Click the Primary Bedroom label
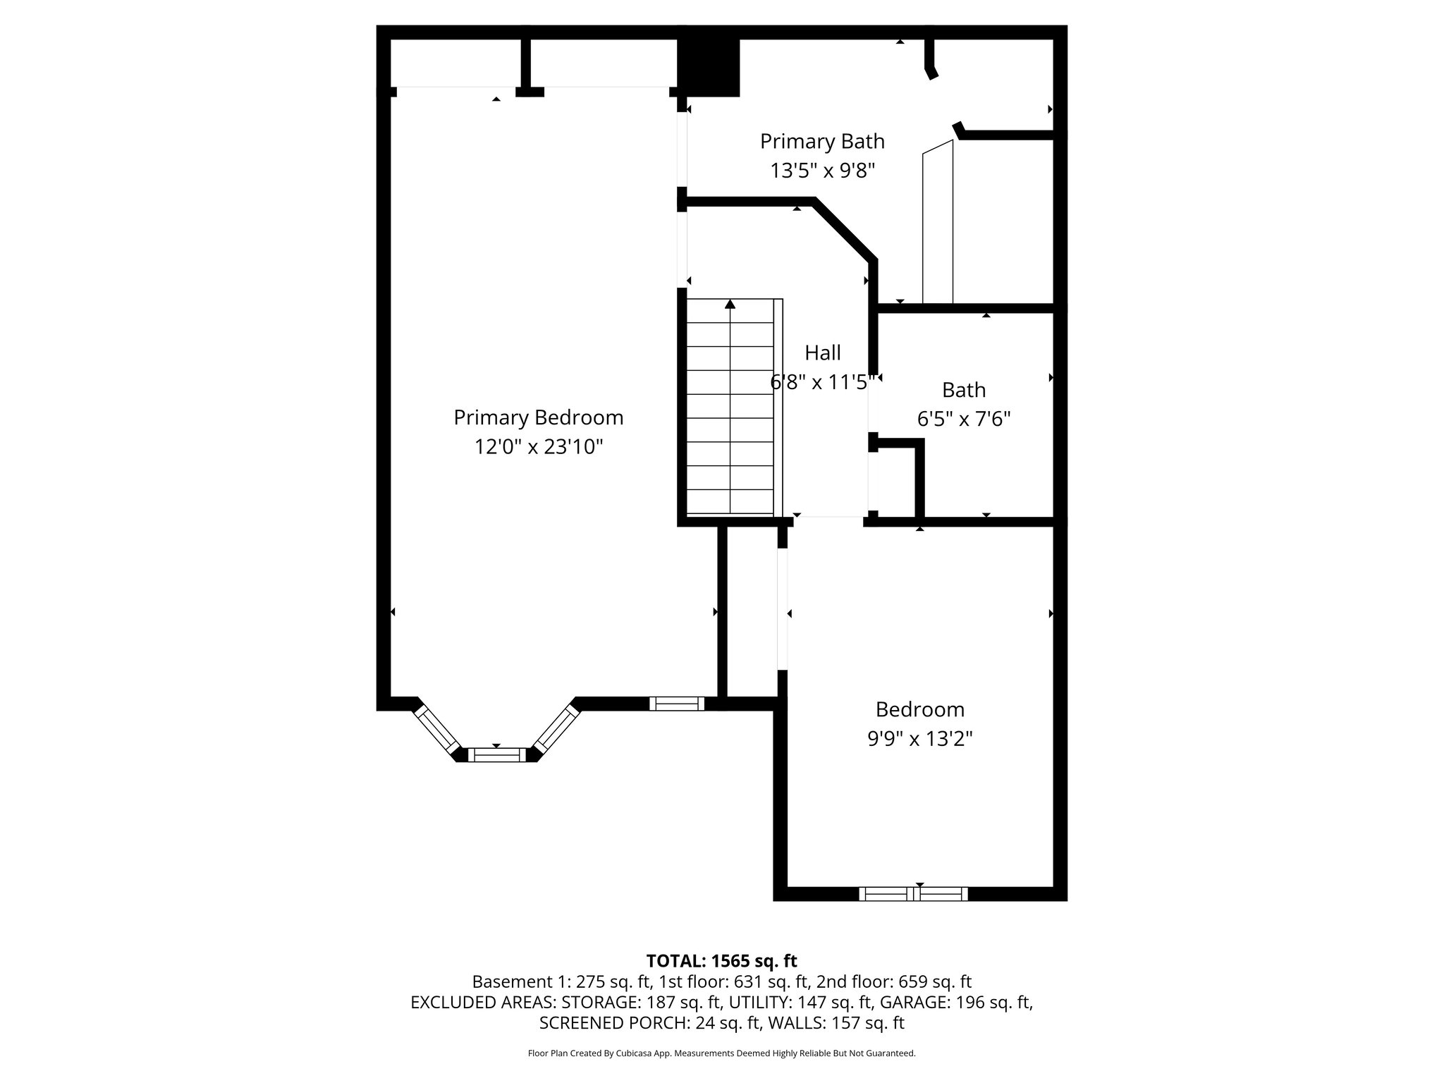tap(538, 417)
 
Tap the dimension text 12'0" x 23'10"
tap(539, 447)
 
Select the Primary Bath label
tap(822, 141)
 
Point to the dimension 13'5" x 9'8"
tap(822, 171)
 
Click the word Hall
tap(823, 353)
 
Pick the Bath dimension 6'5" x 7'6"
tap(964, 420)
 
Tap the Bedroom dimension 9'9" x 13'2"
tap(920, 739)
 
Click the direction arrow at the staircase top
tap(730, 305)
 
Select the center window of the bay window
tap(497, 755)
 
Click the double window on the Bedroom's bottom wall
tap(913, 894)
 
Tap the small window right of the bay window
tap(677, 703)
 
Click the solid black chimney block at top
tap(709, 68)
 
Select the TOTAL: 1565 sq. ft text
tap(721, 961)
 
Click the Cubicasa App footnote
tap(721, 1053)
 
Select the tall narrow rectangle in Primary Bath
tap(938, 223)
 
